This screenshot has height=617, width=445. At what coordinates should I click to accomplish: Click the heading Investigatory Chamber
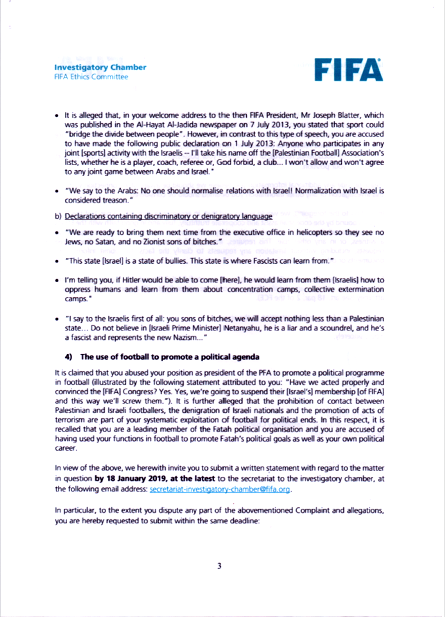100,67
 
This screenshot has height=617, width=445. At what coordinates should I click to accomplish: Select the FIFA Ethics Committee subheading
91,77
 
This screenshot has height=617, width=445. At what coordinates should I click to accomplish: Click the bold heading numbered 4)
162,357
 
